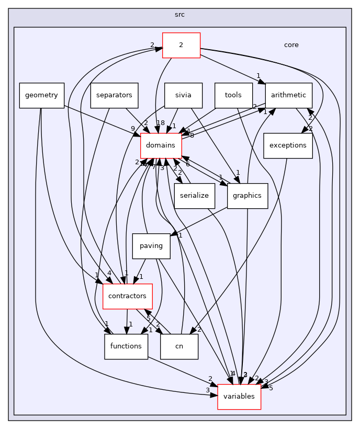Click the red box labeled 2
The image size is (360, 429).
point(181,45)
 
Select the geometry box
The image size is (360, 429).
point(42,95)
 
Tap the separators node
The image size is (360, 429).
point(114,95)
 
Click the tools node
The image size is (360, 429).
point(233,95)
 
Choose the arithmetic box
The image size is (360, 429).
point(289,95)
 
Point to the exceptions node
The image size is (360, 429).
point(288,145)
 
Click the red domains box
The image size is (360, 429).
point(161,145)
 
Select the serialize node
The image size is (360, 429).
point(195,196)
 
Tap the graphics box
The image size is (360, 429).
point(247,196)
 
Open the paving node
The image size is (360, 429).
point(151,246)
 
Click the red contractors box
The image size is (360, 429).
point(127,296)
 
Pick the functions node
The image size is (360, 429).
point(126,346)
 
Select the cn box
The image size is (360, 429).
point(179,346)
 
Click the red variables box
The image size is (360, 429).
point(239,397)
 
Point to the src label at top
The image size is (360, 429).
point(179,15)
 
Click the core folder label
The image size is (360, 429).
point(291,45)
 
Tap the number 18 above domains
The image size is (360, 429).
point(160,123)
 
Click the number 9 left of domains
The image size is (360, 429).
point(133,129)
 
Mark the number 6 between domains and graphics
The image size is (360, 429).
point(187,164)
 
